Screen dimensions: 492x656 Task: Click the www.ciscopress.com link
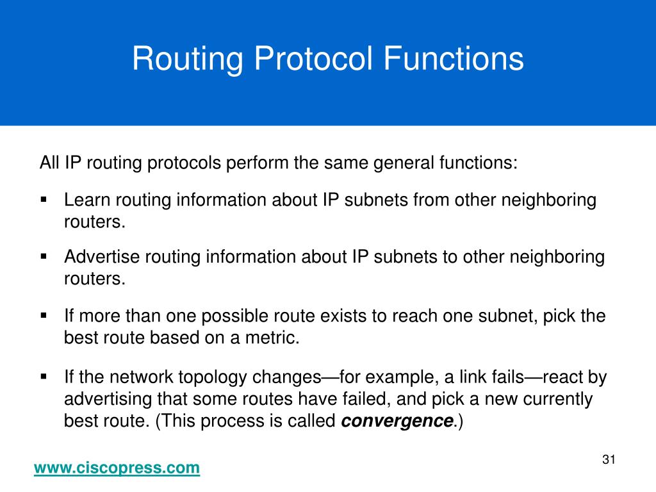(117, 468)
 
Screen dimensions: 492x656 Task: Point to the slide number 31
(609, 459)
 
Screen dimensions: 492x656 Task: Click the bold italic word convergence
(397, 422)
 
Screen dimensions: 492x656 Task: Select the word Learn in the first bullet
(87, 201)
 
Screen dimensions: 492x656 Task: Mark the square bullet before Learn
(44, 199)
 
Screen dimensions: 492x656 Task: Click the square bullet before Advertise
(44, 256)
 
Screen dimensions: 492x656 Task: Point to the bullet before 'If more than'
(44, 316)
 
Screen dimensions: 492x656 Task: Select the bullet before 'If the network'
(44, 376)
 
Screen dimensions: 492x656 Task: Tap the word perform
(257, 163)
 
